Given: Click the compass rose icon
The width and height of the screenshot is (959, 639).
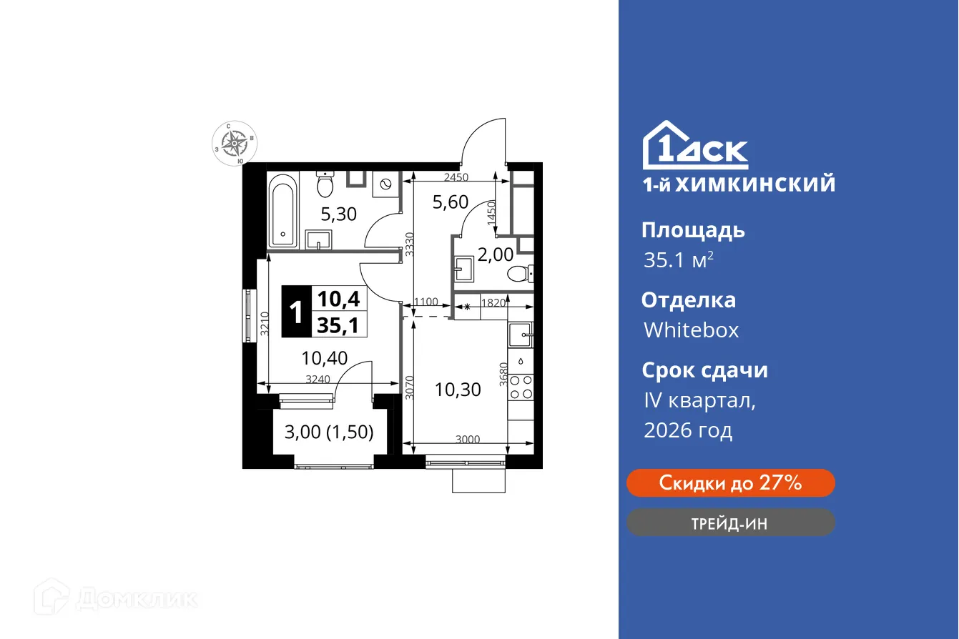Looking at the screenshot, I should (235, 144).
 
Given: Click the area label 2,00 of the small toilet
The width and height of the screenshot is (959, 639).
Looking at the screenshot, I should (495, 254).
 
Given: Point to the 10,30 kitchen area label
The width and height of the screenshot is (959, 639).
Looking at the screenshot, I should (458, 390).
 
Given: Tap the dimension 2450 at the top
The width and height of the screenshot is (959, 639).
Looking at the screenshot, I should (455, 177).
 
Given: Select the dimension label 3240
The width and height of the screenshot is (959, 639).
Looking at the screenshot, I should (318, 380).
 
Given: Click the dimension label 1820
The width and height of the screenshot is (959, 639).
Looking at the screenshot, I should (494, 302).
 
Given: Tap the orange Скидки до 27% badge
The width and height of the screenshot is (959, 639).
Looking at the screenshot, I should (730, 483).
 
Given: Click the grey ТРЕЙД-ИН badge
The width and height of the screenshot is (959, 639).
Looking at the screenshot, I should (730, 523).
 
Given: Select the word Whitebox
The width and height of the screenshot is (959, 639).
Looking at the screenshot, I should (691, 330).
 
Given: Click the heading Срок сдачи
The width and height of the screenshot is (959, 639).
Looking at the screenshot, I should (704, 370).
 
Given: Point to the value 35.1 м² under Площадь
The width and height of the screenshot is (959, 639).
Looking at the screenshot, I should (678, 260).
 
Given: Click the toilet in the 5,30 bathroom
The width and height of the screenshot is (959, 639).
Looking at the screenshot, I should (326, 186).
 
